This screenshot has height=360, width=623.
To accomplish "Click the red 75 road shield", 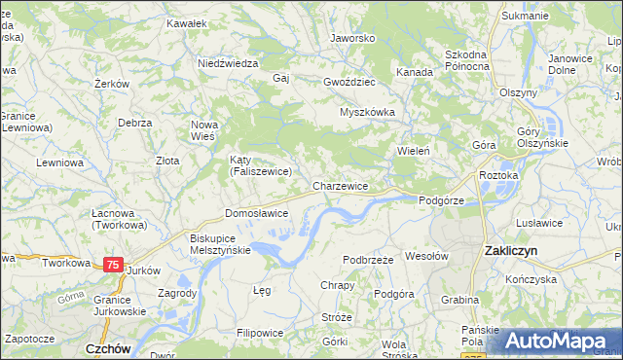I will coord(114,265).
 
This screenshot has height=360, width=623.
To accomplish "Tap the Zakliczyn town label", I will coord(513,251).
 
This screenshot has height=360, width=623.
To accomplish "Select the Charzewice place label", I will coord(340,185).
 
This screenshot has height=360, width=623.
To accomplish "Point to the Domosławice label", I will coord(256,212).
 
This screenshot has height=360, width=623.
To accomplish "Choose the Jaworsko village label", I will coord(352,38).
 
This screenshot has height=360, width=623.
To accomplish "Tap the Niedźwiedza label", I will coord(227,62).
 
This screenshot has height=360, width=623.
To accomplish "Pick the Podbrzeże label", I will coord(368,260).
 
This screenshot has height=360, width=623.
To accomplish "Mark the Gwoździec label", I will coord(349,82).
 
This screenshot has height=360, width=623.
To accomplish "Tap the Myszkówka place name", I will coord(366,112).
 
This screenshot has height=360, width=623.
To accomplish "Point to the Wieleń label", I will coord(413,152).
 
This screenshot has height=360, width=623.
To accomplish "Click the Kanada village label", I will coord(414,72).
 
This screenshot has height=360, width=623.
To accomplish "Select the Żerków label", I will coord(112,84).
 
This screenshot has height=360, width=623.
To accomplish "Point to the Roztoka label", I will coord(499,175).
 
